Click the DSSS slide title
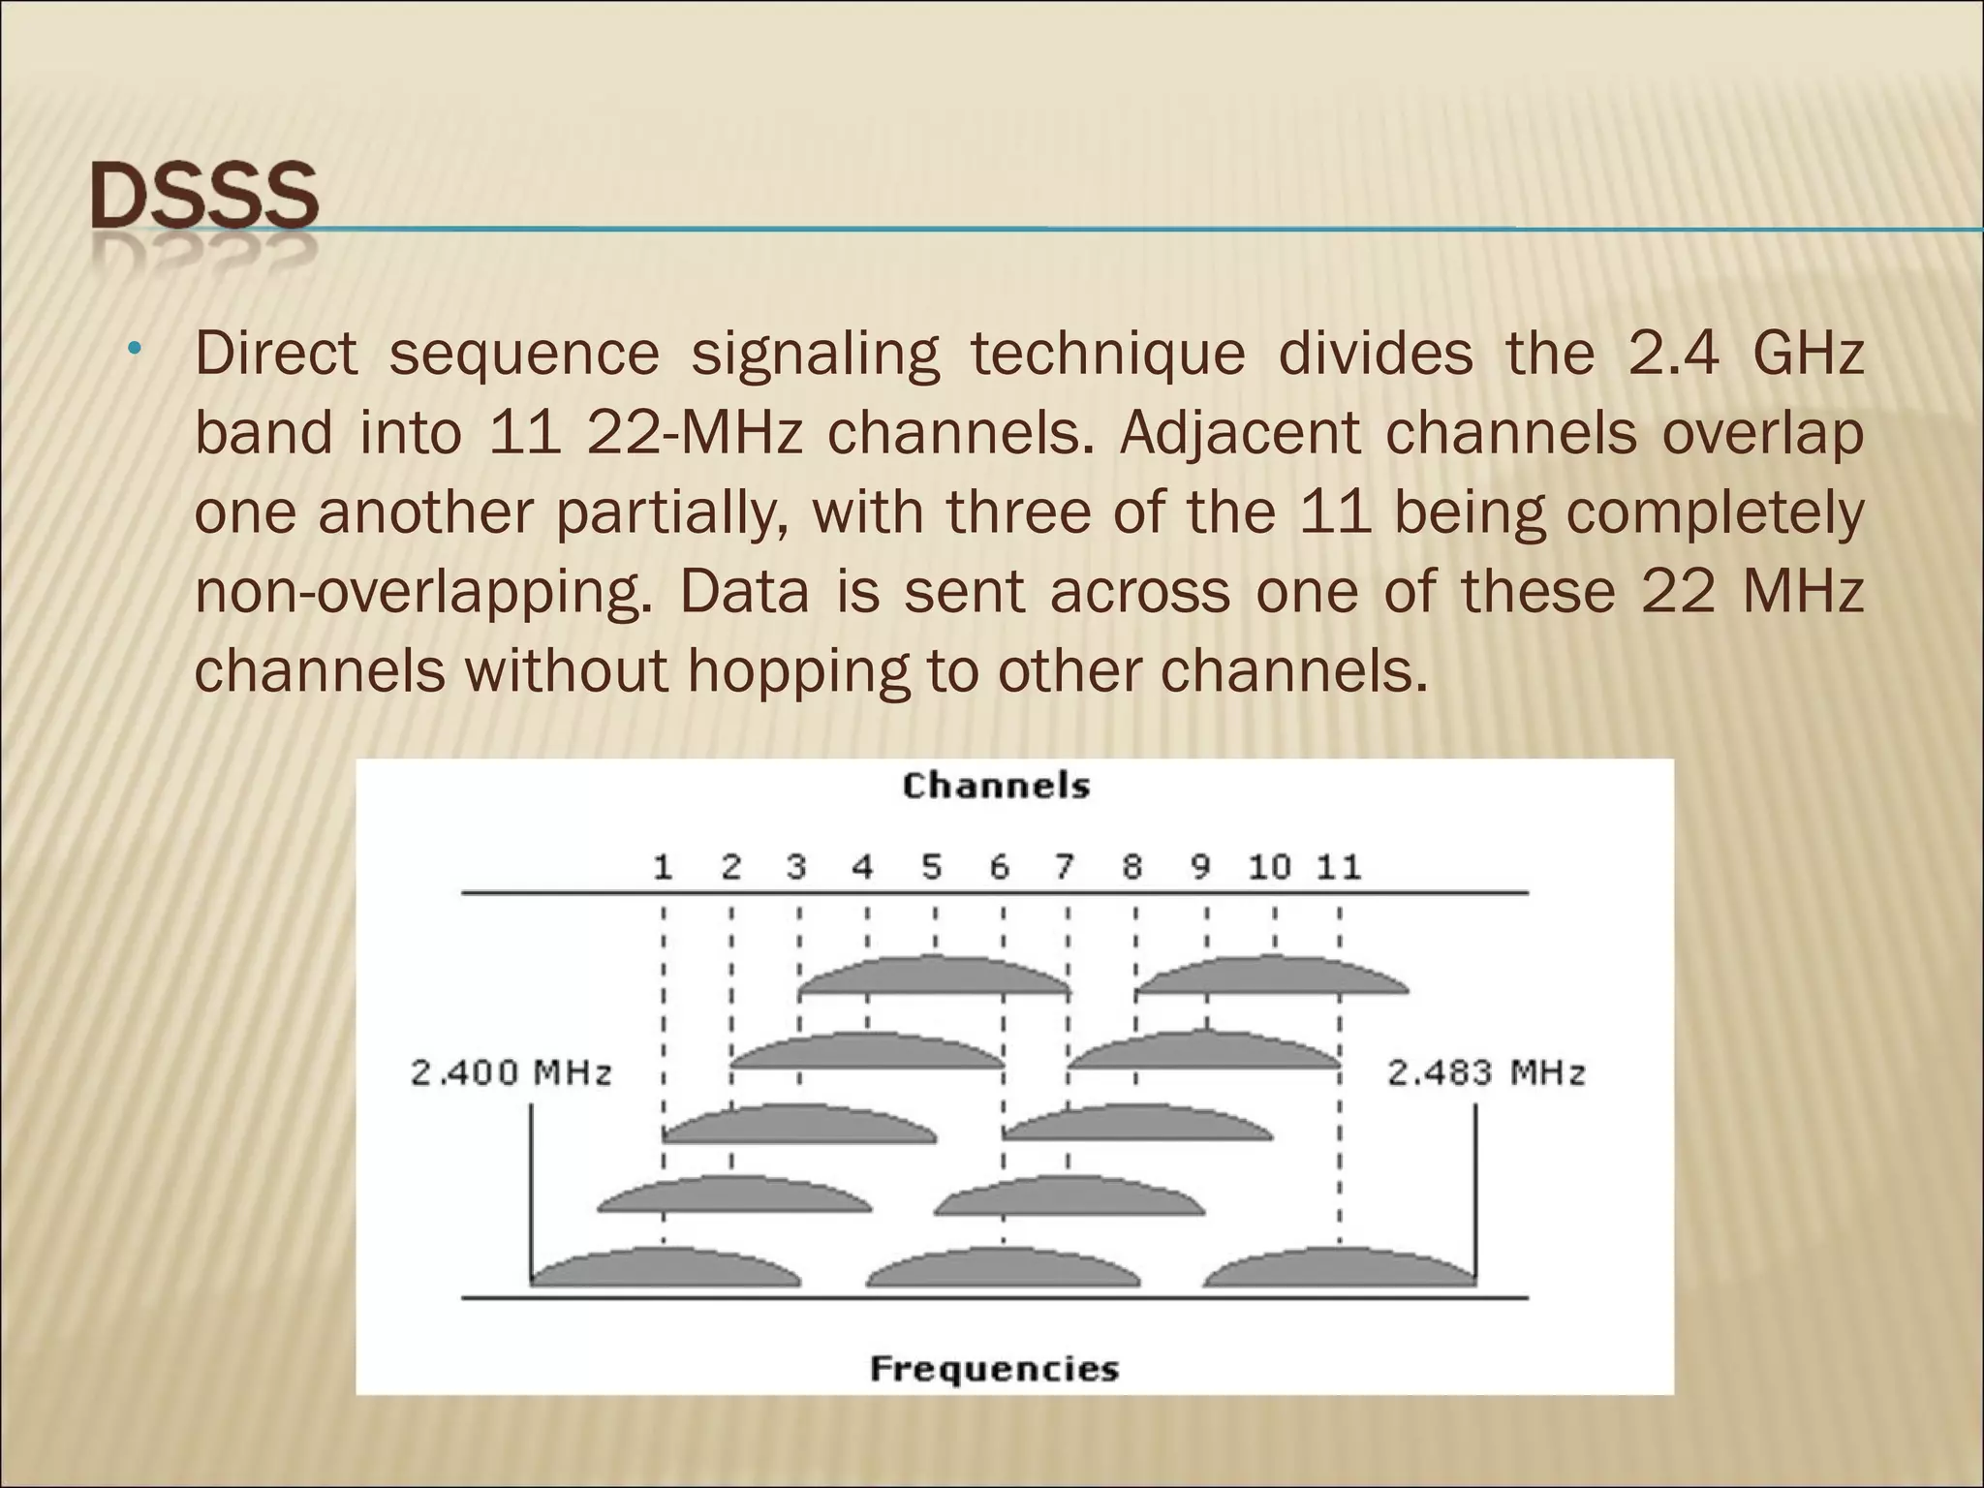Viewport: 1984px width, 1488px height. pos(204,198)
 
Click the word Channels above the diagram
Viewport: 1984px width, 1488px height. pos(996,786)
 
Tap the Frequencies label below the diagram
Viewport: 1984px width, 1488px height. pos(995,1369)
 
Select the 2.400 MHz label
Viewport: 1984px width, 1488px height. pos(511,1073)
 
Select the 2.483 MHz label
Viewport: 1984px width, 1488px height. pos(1486,1073)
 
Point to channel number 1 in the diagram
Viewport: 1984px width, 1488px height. pos(663,867)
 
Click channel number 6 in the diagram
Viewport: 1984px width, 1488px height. pos(1000,867)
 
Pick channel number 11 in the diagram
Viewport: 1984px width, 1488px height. pos(1339,867)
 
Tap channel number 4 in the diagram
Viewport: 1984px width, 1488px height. pos(863,867)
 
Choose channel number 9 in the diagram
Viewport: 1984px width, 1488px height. pos(1201,867)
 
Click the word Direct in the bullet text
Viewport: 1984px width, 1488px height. pos(276,354)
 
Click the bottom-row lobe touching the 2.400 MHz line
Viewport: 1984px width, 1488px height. pos(666,1268)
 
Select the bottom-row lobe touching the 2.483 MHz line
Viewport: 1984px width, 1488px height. pos(1340,1268)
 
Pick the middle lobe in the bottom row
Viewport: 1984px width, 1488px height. pos(1004,1268)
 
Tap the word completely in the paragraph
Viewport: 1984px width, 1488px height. pos(1715,512)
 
